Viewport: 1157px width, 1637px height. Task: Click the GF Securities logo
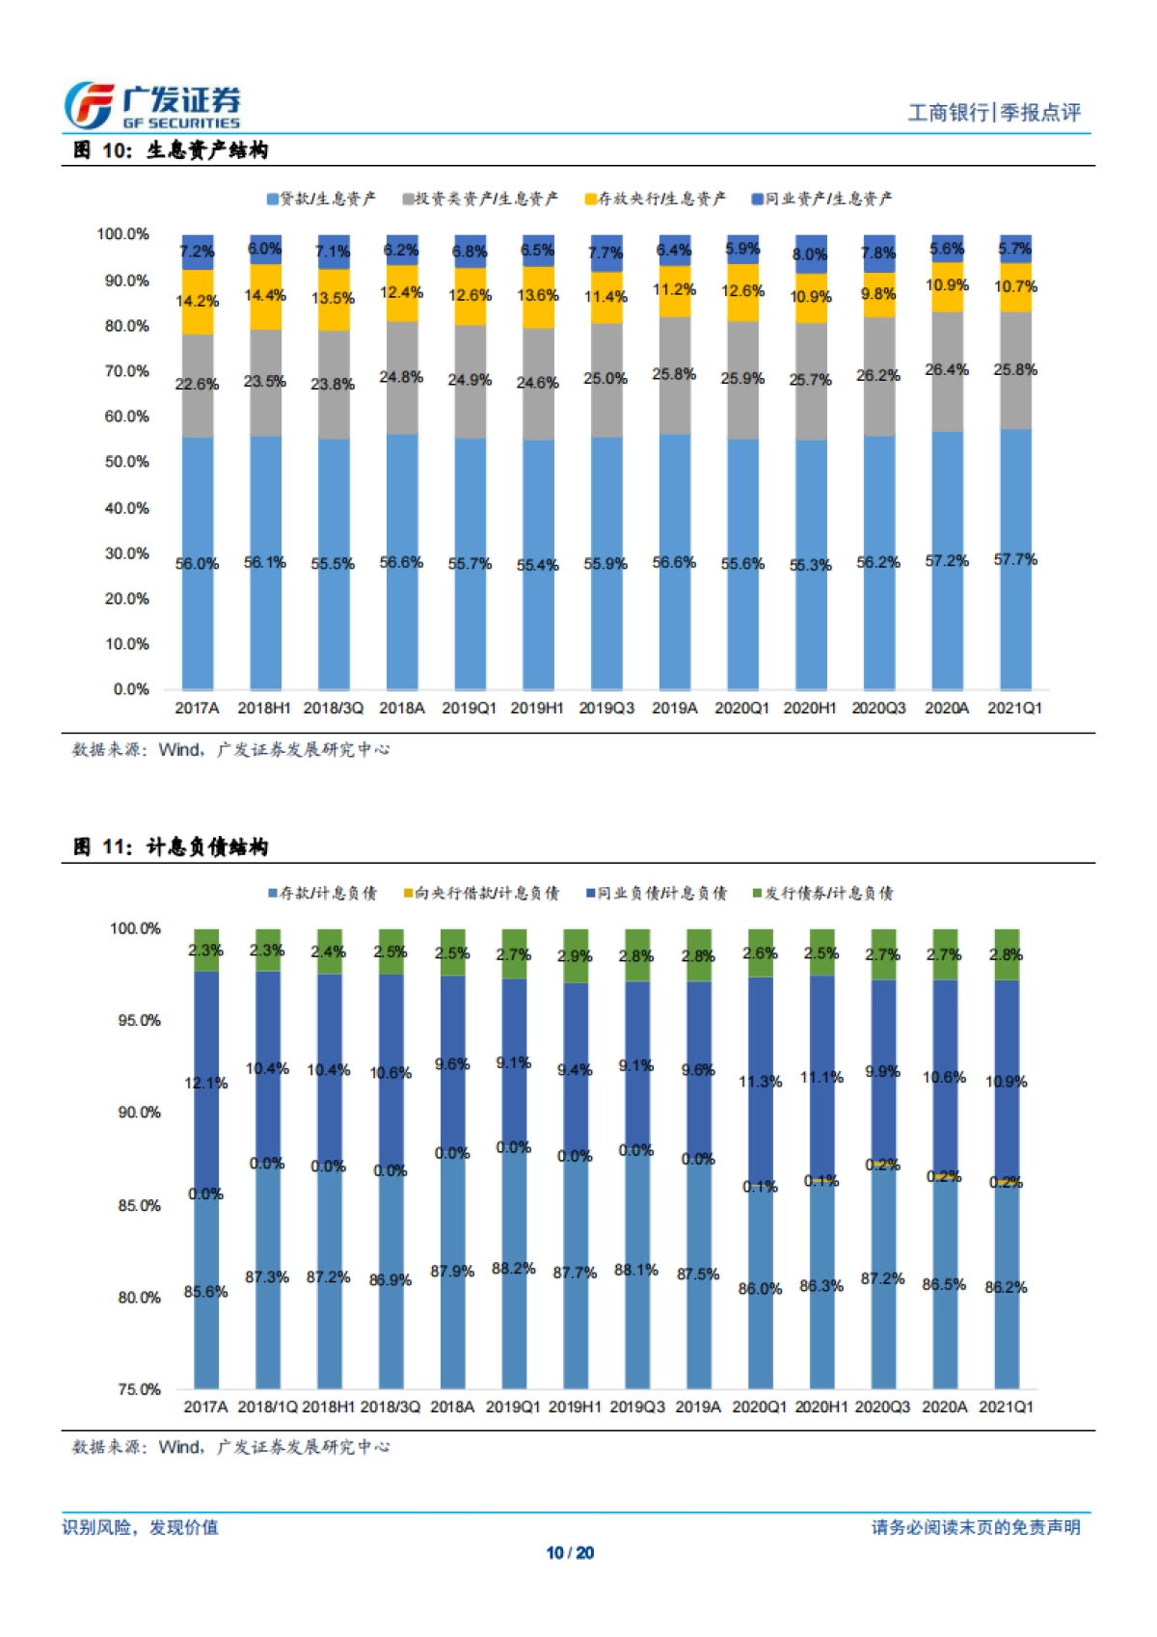[x=152, y=105]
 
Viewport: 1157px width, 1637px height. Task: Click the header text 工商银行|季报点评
[x=994, y=113]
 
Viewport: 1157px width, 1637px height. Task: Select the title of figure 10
[x=171, y=150]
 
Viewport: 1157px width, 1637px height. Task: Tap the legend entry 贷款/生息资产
[x=321, y=199]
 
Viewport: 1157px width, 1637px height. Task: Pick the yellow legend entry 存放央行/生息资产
[x=655, y=199]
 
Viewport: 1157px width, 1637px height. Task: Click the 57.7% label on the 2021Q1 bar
[x=1015, y=559]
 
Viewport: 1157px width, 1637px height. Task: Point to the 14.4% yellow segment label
[x=264, y=295]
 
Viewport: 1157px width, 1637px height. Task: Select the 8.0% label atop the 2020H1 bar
[x=810, y=255]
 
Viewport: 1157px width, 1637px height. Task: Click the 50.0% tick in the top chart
[x=126, y=462]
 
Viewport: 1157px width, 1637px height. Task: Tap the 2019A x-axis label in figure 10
[x=674, y=708]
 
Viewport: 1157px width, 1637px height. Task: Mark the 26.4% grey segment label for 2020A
[x=947, y=369]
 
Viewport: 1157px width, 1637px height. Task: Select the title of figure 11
[x=171, y=847]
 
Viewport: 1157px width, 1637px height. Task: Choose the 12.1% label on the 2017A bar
[x=205, y=1084]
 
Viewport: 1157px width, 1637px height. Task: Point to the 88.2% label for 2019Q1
[x=513, y=1268]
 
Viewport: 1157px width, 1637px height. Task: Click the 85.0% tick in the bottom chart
[x=139, y=1205]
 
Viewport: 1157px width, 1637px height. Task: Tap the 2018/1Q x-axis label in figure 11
[x=267, y=1407]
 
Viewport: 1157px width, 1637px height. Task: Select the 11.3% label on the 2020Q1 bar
[x=760, y=1082]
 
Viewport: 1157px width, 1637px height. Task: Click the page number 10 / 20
[x=570, y=1552]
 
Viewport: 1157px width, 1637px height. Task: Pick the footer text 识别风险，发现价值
[x=141, y=1527]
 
